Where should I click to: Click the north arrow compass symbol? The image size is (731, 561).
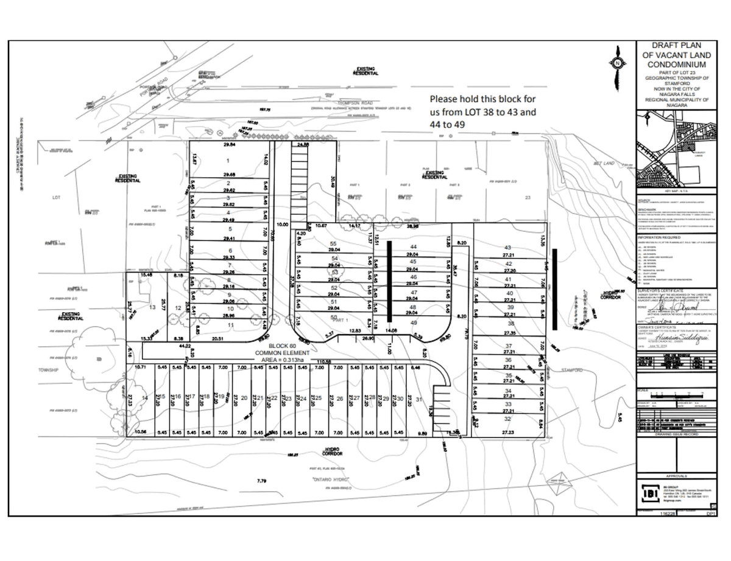click(617, 63)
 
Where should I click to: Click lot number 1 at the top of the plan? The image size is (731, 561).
click(228, 161)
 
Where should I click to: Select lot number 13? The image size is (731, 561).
click(152, 308)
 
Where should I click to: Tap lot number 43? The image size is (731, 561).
click(507, 248)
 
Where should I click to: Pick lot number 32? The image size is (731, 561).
click(507, 419)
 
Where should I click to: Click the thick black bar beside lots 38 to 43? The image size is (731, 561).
click(554, 289)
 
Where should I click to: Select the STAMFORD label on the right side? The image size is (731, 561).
click(573, 370)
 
